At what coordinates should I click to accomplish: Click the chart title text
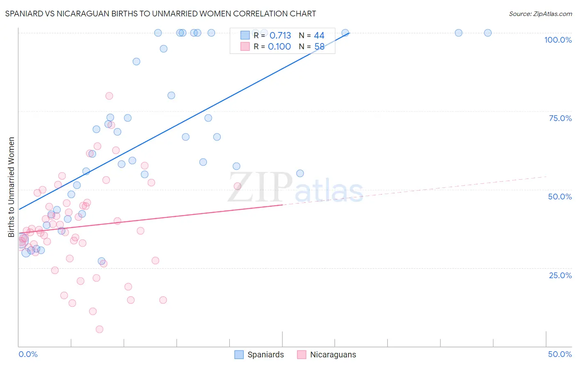160,14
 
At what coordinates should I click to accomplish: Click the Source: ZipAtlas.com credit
540,14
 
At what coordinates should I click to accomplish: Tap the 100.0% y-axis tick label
558,40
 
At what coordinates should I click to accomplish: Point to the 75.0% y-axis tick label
560,118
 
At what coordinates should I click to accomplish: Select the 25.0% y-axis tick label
560,275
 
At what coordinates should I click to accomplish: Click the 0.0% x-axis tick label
28,354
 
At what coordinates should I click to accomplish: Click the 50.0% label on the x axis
560,354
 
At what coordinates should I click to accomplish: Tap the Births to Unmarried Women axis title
11,187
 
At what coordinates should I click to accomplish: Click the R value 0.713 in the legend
280,36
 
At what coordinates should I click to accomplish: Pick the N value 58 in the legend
319,47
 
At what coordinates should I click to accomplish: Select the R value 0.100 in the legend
279,47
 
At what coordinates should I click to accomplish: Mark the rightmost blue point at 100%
488,33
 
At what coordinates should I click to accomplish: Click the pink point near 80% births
109,96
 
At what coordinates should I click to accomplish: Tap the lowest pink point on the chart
99,329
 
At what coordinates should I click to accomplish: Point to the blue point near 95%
163,49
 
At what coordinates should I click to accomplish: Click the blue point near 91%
136,62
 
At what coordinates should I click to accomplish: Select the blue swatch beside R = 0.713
245,35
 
